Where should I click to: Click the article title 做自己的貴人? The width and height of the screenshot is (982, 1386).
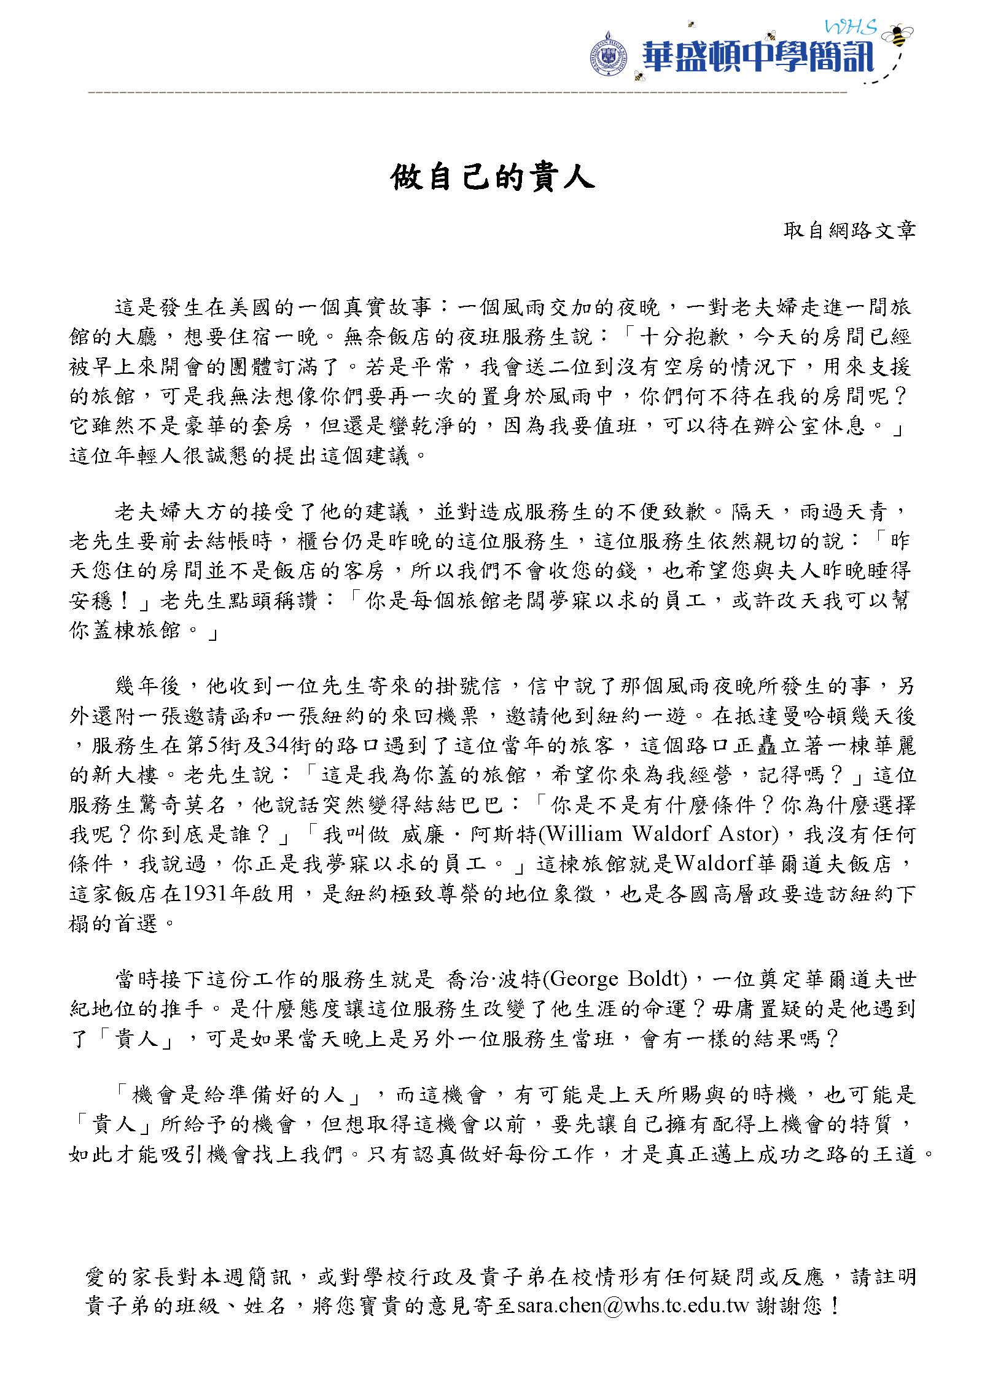point(493,179)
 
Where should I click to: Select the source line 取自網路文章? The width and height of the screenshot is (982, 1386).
point(850,230)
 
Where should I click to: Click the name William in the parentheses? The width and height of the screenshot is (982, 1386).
point(586,834)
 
